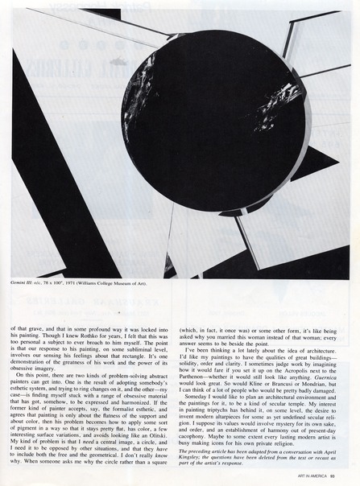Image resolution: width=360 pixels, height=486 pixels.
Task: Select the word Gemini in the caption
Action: coord(21,284)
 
